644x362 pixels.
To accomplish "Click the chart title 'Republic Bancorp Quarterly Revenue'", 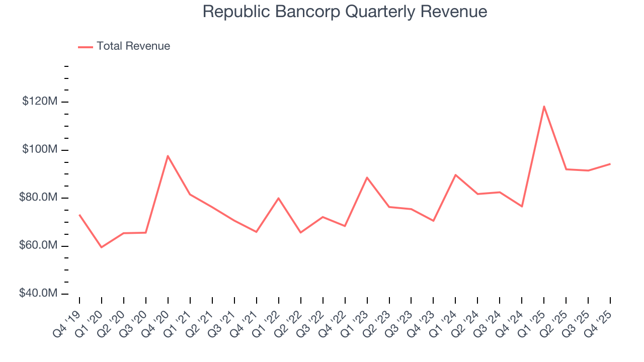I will pyautogui.click(x=345, y=12).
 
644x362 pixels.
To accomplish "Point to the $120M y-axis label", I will pyautogui.click(x=40, y=102).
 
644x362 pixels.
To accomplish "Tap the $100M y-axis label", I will pyautogui.click(x=40, y=150).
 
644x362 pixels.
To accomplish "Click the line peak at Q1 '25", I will pyautogui.click(x=544, y=106).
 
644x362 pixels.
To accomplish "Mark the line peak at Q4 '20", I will pyautogui.click(x=168, y=156).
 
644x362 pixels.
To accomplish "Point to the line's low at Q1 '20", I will pyautogui.click(x=102, y=247).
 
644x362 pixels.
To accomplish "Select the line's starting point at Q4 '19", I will pyautogui.click(x=79, y=215).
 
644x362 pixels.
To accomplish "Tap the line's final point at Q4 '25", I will pyautogui.click(x=610, y=164).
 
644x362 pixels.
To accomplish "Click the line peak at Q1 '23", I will pyautogui.click(x=367, y=177).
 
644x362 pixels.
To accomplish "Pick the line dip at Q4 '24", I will pyautogui.click(x=522, y=206).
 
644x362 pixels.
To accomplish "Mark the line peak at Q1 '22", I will pyautogui.click(x=278, y=198).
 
